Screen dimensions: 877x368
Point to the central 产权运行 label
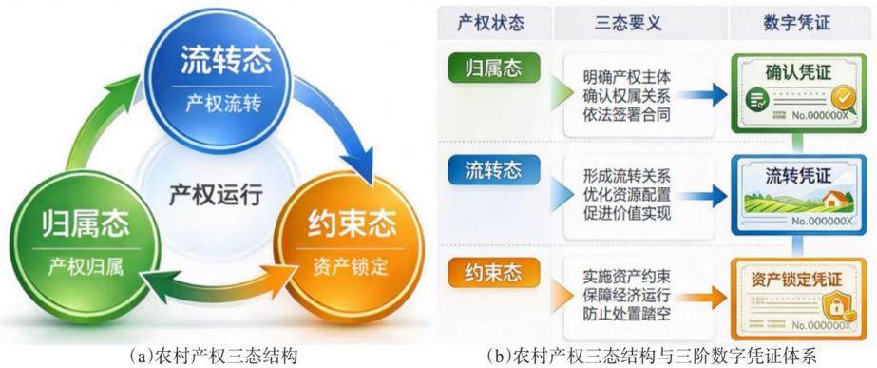216,196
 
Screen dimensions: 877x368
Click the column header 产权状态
490,23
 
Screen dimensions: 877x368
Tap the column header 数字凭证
796,23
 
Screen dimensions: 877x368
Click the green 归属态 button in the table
494,68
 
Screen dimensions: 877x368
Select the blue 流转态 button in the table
494,170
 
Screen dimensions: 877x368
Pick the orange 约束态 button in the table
494,273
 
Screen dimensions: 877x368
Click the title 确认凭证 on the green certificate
799,72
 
